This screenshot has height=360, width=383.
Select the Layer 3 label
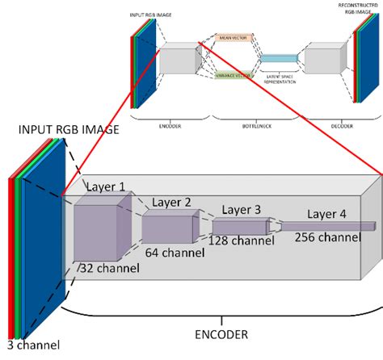239,210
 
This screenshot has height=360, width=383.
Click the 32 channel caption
106,267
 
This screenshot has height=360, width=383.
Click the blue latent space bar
280,57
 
